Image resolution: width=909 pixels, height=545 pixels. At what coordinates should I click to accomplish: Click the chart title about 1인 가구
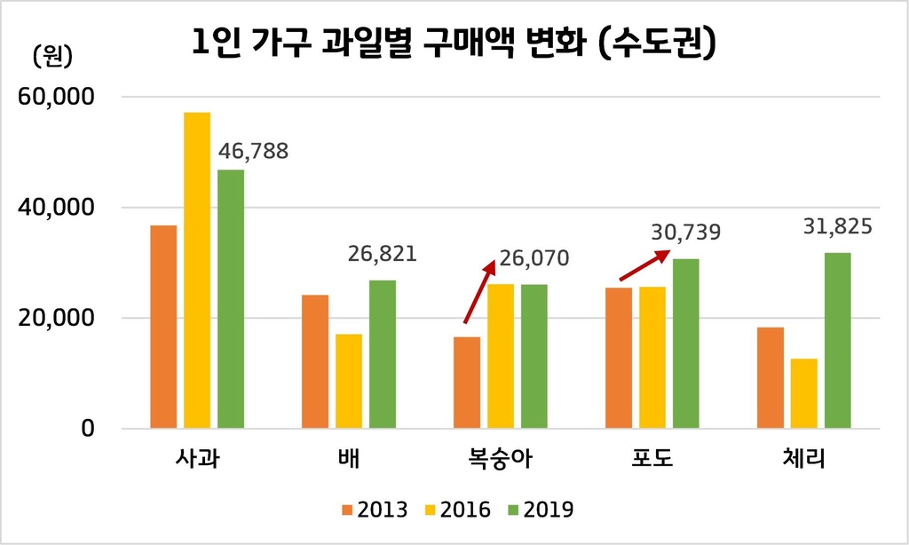[x=454, y=43]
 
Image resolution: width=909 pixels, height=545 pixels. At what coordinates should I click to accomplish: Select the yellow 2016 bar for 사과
[x=197, y=271]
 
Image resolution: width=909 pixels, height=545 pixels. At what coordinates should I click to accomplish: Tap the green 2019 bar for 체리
[x=837, y=340]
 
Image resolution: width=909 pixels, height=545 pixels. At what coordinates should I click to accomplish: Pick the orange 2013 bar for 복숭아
[x=467, y=383]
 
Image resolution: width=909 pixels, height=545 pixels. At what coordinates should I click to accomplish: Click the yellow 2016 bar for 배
[x=349, y=381]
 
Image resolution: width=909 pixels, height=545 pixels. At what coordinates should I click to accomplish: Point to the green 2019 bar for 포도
[x=686, y=344]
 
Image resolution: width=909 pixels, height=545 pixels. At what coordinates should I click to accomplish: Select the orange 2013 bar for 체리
[x=771, y=377]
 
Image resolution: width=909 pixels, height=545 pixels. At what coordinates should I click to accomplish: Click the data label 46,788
[x=253, y=151]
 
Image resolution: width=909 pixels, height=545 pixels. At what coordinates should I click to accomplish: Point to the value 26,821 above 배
[x=381, y=256]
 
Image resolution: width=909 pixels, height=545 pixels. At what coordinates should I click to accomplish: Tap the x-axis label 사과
[x=197, y=461]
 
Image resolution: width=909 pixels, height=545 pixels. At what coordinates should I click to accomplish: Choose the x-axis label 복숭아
[x=500, y=461]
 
